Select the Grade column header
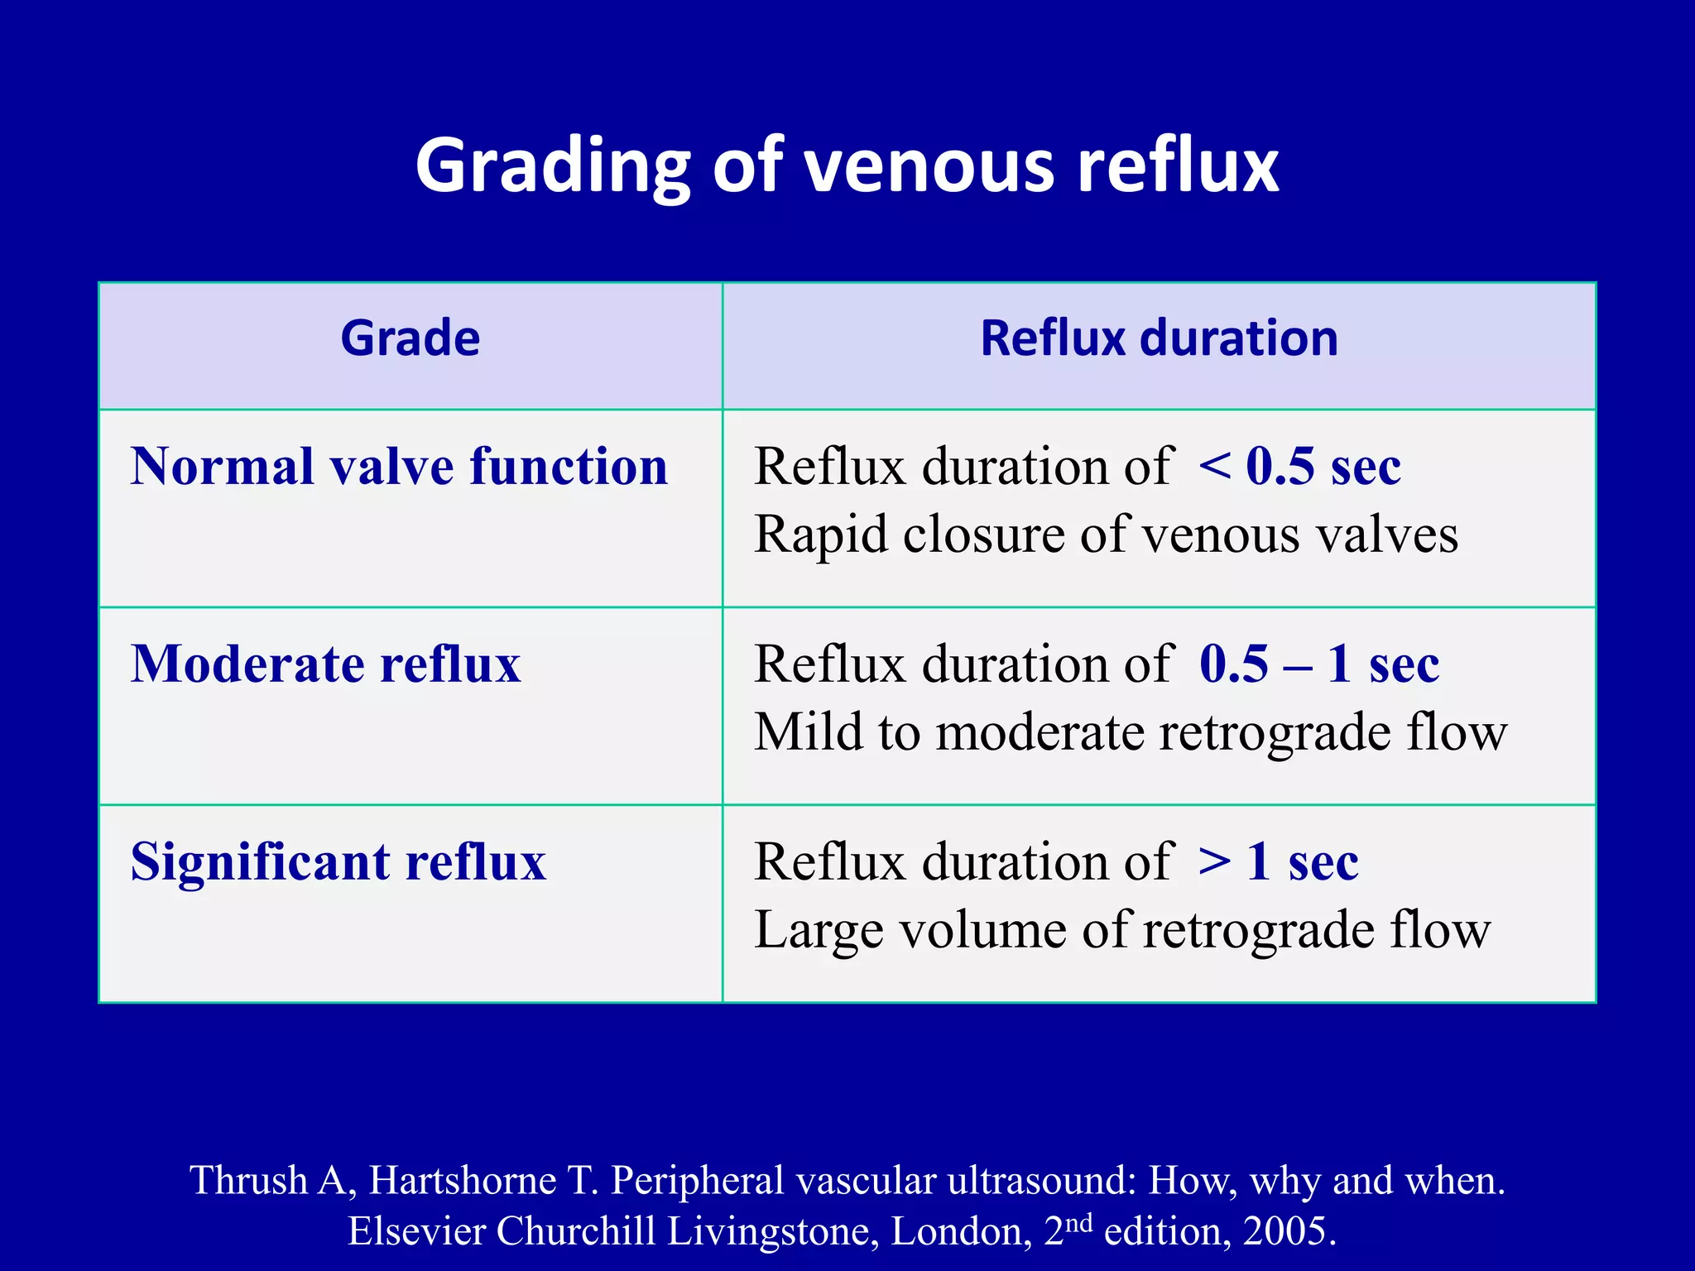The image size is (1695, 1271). click(x=411, y=338)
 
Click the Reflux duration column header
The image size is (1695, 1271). click(x=1159, y=338)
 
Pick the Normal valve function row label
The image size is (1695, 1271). click(x=399, y=467)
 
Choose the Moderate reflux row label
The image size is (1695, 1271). click(x=326, y=664)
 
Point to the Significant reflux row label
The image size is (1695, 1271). click(x=339, y=862)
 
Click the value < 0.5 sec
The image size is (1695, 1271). click(x=1299, y=467)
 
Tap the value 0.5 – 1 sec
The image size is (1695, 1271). click(x=1319, y=664)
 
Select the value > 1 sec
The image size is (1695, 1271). click(x=1278, y=862)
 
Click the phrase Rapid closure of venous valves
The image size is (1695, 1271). click(x=1106, y=535)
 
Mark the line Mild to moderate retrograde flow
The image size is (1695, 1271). click(x=1131, y=732)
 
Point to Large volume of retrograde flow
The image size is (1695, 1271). click(x=1122, y=930)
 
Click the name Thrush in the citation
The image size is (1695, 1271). click(x=248, y=1180)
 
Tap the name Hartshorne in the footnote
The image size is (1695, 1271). click(x=463, y=1180)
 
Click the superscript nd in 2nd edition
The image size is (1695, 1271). click(x=1078, y=1221)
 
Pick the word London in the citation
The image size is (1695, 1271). click(x=960, y=1231)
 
